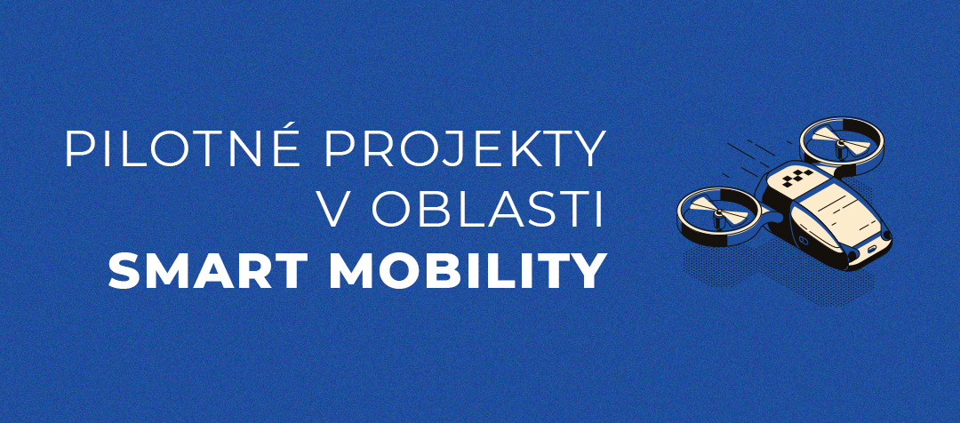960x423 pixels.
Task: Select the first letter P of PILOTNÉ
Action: [x=79, y=148]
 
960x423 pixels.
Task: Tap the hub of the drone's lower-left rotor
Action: [x=718, y=214]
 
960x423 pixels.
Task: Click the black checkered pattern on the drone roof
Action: [x=797, y=178]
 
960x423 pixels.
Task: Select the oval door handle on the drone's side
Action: [x=804, y=239]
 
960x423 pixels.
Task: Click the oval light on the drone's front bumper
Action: [x=870, y=249]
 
